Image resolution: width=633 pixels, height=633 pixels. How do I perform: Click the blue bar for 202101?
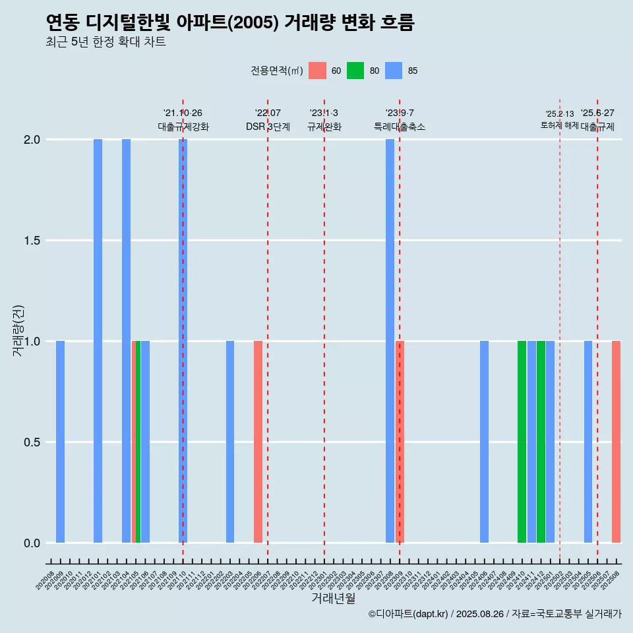click(98, 341)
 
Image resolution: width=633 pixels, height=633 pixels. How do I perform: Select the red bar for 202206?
click(258, 442)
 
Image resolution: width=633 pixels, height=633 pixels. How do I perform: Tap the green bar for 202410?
click(522, 442)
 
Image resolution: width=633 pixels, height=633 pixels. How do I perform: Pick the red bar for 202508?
click(616, 442)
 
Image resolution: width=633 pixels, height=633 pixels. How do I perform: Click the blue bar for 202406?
click(484, 442)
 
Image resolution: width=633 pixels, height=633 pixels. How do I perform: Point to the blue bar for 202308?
click(390, 341)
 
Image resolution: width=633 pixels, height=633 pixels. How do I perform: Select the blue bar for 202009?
click(60, 442)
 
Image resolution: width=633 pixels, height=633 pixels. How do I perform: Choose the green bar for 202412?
click(541, 442)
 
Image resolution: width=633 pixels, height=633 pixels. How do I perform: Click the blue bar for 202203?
click(230, 442)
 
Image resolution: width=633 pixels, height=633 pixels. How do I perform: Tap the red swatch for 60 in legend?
click(317, 71)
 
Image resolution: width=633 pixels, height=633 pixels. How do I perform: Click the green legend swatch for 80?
click(355, 71)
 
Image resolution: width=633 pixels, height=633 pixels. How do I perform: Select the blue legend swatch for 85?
click(394, 71)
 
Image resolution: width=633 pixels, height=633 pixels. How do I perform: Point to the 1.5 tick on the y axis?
click(33, 241)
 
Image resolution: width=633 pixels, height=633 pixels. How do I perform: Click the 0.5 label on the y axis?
click(33, 442)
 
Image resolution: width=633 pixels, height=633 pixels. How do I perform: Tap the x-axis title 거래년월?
click(333, 599)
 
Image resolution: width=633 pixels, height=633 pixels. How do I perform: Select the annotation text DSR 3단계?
click(268, 127)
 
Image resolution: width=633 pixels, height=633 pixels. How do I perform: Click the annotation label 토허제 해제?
click(559, 125)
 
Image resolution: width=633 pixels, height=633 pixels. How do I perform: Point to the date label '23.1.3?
click(324, 113)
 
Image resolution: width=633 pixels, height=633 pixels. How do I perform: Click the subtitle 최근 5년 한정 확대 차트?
click(105, 42)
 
